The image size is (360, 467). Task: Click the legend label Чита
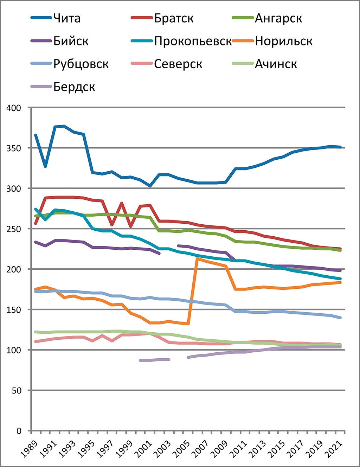[x=67, y=18]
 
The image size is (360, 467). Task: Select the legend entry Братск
[x=174, y=18]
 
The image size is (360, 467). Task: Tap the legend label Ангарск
[x=278, y=18]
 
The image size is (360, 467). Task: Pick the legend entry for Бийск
[x=71, y=41]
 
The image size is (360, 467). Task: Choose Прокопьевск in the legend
[x=193, y=41]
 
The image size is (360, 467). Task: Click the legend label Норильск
[x=284, y=41]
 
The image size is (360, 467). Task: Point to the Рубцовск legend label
[x=81, y=64]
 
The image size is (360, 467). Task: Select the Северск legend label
[x=178, y=64]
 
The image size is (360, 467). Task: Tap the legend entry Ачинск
[x=276, y=64]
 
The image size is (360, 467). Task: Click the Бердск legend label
[x=74, y=87]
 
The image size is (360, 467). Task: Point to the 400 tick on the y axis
[x=14, y=108]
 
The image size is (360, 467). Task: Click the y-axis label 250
[x=14, y=229]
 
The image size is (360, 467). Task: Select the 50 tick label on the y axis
[x=16, y=391]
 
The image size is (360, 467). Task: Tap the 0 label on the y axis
[x=19, y=431]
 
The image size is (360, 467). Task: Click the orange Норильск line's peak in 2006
[x=198, y=259]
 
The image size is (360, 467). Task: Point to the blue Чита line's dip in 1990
[x=45, y=166]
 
